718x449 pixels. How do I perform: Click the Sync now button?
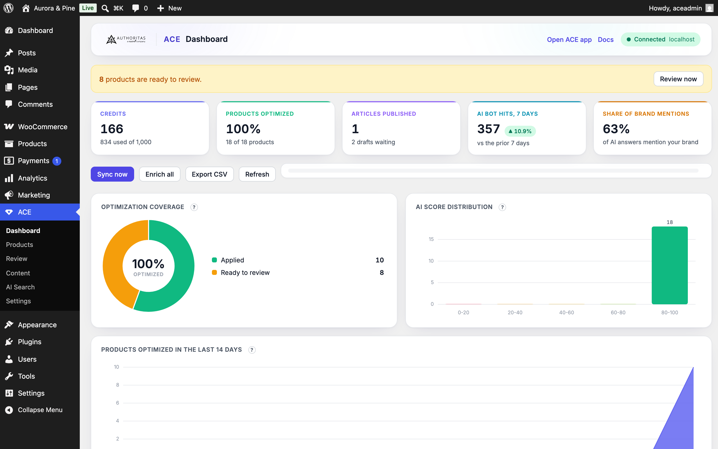click(112, 174)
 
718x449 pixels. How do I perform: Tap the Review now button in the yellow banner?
click(678, 79)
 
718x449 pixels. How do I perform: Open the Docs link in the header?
click(606, 39)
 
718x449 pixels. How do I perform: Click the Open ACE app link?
click(569, 39)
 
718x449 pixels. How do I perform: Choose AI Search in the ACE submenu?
click(20, 287)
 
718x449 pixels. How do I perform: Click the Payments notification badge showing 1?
click(57, 161)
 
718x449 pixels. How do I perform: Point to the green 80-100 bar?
click(670, 265)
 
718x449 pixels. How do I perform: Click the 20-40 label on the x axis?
click(515, 312)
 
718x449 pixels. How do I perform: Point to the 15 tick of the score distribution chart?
click(431, 239)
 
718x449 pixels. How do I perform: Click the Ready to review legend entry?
click(245, 273)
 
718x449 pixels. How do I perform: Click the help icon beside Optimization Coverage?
click(194, 207)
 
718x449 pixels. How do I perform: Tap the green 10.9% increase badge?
click(520, 131)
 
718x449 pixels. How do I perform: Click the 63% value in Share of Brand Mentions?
click(616, 129)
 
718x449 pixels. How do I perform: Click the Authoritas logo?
click(126, 39)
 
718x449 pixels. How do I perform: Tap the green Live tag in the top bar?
click(88, 8)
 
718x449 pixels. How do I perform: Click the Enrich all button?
click(160, 174)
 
